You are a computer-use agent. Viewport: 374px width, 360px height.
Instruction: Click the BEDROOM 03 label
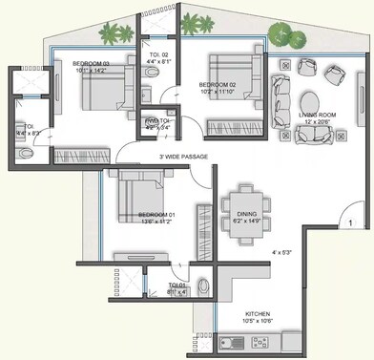92,63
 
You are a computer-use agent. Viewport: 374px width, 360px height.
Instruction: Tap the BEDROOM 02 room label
218,85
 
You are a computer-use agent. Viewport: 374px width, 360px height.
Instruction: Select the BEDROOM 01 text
156,215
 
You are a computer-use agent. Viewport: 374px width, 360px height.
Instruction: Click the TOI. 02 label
159,54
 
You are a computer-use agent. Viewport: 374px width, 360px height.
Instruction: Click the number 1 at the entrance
351,222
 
